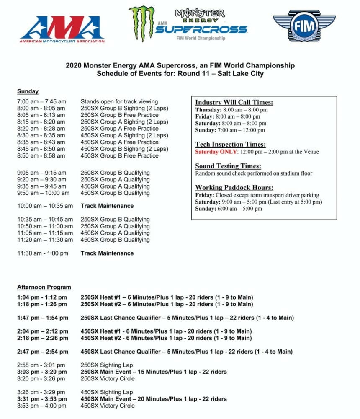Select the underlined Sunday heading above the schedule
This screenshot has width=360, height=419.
tap(28, 91)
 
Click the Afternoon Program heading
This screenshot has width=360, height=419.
tap(44, 287)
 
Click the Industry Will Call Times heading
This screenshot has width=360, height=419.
tap(234, 102)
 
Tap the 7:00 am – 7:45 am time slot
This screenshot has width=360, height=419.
tap(41, 101)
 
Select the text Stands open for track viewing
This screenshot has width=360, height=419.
tap(119, 101)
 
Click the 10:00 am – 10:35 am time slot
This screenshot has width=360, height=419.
tap(45, 206)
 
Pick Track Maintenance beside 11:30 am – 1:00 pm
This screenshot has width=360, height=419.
tap(107, 253)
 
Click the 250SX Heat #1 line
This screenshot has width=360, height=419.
tap(167, 297)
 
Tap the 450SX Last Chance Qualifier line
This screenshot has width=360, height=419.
tap(186, 352)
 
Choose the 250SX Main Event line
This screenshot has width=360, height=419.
tap(154, 372)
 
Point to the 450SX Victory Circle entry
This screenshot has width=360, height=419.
tap(108, 406)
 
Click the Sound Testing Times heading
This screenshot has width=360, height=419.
tap(228, 166)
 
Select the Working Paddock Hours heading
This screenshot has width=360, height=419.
tap(234, 187)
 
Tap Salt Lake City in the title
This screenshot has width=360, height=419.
tap(239, 74)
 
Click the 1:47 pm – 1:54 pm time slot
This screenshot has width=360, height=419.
tap(42, 318)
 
